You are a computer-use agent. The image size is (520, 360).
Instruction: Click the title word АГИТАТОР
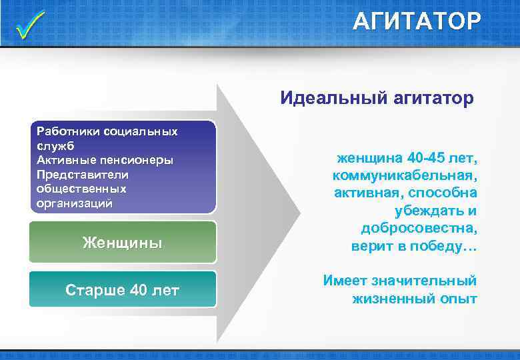[416, 22]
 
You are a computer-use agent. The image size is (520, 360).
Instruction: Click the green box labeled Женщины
[123, 242]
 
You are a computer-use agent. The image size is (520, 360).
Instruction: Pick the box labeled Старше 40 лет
[123, 289]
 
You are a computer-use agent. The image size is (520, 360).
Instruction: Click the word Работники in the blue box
[65, 131]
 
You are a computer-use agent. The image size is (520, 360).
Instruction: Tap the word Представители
[83, 174]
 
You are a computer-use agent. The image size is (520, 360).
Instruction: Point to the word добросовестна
[419, 228]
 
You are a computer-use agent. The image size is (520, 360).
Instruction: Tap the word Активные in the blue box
[64, 160]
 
